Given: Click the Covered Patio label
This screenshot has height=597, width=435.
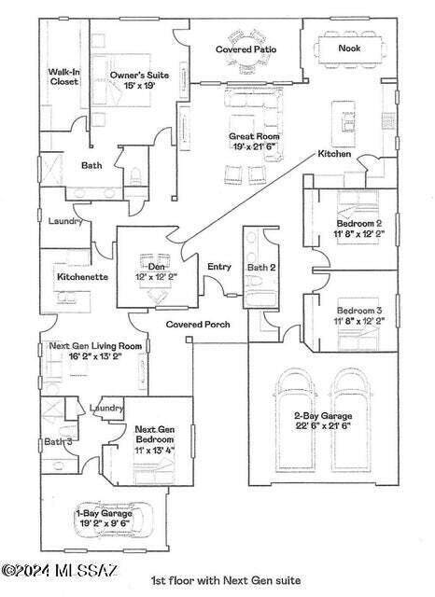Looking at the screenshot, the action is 246,49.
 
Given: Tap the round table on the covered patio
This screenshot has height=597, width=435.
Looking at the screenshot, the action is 246,52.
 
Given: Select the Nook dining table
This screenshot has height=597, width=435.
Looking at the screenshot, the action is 349,49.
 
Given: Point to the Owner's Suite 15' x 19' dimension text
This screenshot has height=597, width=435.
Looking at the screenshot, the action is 139,85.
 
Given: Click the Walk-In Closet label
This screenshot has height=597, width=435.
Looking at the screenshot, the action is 64,76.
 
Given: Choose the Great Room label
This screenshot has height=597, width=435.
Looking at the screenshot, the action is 254,136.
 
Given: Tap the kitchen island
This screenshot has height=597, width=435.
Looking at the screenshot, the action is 344,123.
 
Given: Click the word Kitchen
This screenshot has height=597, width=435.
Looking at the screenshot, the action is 334,154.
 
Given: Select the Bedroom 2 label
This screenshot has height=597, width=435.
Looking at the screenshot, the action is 358,224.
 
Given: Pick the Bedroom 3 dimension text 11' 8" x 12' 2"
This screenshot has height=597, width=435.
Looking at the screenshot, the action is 358,321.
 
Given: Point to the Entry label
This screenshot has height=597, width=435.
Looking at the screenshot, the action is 219,267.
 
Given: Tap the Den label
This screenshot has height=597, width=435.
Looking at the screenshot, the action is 156,267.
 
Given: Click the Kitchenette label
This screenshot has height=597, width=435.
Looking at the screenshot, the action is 82,277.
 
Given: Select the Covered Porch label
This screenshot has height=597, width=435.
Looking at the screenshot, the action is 198,325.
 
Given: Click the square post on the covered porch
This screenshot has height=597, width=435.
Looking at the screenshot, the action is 189,340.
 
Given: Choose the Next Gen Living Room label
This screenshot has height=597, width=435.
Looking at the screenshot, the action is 95,346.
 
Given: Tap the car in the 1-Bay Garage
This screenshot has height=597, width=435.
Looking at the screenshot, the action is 114,519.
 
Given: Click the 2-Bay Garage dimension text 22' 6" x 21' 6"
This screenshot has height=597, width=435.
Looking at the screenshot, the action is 323,425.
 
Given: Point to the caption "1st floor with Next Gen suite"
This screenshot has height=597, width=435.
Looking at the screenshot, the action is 226,580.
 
